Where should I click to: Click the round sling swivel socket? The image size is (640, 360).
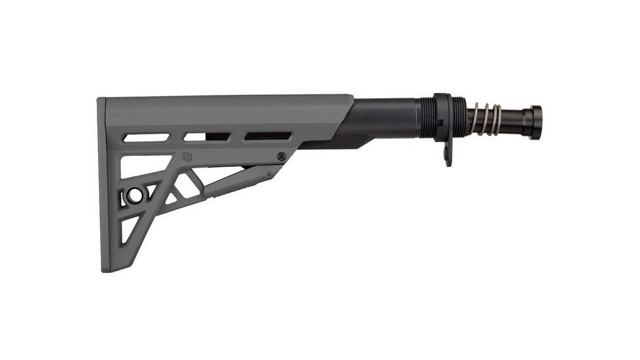point(135,195)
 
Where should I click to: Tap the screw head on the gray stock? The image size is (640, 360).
point(281,156)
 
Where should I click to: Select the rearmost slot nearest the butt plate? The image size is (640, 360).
point(145,137)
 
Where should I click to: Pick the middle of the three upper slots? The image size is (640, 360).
point(206,137)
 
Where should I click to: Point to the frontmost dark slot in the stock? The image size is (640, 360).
point(268,136)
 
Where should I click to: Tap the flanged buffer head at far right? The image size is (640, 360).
point(533,122)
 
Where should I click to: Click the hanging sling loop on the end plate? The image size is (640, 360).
point(448,155)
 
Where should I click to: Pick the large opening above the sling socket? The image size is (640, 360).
point(141,166)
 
